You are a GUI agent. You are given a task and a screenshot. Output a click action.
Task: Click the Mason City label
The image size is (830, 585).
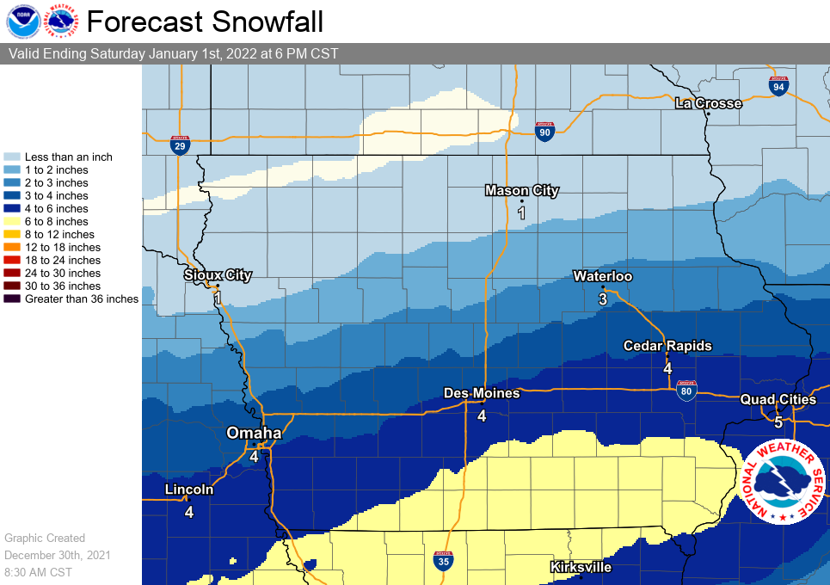(x=521, y=190)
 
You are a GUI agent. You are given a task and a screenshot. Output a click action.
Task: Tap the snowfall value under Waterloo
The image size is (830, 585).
(x=603, y=299)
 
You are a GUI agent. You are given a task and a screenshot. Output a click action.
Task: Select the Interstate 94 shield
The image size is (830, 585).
(x=778, y=86)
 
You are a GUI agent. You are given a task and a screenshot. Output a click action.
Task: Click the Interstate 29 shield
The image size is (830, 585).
(x=180, y=145)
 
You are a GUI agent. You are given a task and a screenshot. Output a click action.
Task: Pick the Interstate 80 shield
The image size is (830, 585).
(x=686, y=392)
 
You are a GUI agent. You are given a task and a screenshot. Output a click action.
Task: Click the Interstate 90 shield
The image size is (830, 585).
(x=543, y=130)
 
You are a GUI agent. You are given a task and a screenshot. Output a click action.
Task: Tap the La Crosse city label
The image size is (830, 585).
(x=708, y=103)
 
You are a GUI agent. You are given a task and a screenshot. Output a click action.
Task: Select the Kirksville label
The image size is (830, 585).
(x=581, y=567)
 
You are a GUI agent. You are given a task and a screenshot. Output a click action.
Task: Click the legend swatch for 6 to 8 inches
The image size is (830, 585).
(x=12, y=221)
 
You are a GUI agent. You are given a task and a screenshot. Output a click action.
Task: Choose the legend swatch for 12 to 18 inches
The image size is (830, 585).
(x=12, y=247)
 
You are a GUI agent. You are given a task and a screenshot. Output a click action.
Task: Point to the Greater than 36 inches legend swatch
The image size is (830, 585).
(x=12, y=299)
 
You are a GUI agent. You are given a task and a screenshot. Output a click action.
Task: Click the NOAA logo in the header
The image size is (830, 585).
(x=23, y=22)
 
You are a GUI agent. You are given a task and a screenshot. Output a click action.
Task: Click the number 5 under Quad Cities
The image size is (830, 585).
(x=778, y=422)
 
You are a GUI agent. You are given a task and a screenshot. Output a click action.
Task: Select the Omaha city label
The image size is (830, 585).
(x=254, y=433)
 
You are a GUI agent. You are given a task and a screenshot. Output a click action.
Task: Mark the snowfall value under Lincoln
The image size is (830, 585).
(x=188, y=512)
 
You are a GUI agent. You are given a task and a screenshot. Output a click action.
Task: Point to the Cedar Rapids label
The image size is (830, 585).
(x=667, y=345)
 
